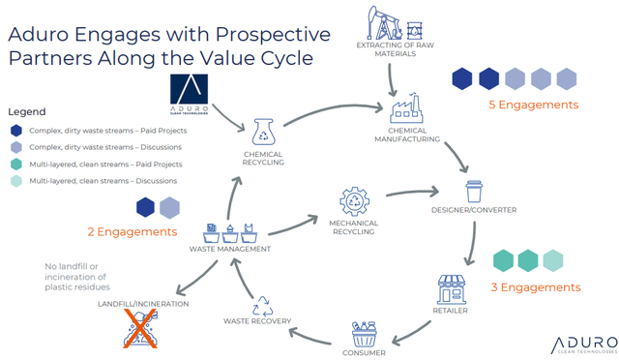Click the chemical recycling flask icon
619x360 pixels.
point(263,132)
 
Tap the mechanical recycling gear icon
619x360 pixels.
point(354,201)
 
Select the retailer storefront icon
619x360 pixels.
point(452,289)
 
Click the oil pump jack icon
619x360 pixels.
point(384,23)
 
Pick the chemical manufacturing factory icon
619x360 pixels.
point(406,107)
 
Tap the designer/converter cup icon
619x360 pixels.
point(474,192)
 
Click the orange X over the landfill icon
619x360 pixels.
point(140,328)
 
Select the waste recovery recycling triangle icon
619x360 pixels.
point(262,306)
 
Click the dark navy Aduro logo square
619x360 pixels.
point(189,89)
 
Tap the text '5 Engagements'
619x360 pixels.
point(533,105)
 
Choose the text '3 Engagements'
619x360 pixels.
point(536,287)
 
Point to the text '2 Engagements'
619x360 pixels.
point(133,231)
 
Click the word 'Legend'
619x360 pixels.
point(27,112)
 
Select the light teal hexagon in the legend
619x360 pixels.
point(16,181)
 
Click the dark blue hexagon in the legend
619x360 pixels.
point(16,131)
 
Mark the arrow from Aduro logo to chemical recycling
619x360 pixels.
point(228,117)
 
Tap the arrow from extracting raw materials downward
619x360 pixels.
point(391,80)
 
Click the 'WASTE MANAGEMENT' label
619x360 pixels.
point(230,249)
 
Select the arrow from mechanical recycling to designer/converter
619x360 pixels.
point(413,193)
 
